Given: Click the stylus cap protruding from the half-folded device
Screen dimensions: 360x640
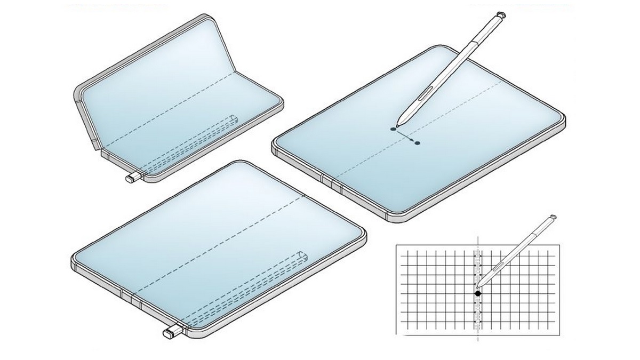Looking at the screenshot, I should coord(132,178).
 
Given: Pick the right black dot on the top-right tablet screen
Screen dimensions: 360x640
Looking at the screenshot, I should coord(417,143).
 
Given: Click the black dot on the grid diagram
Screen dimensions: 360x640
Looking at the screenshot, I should coord(478,293).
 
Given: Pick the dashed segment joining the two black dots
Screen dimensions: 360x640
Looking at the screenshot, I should coord(405,136).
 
